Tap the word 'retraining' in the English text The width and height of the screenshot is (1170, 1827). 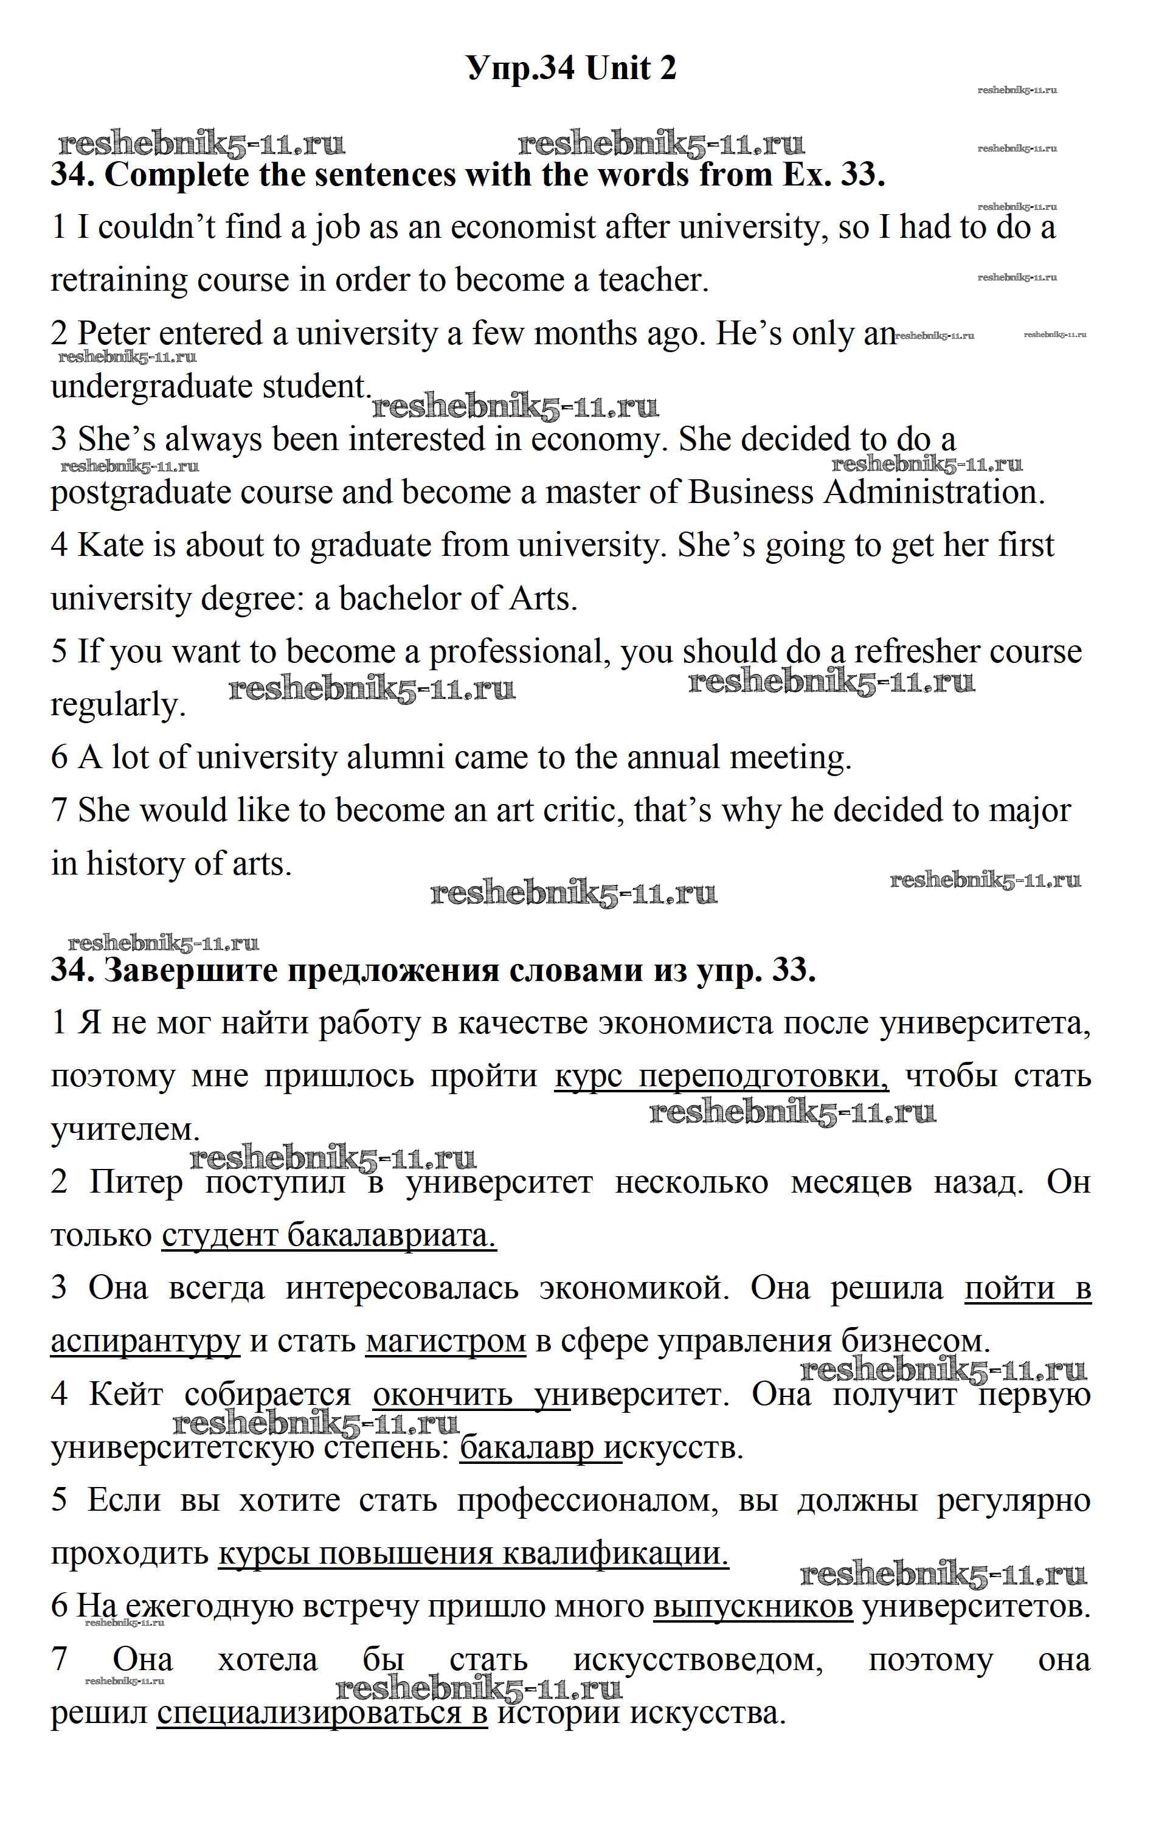(x=120, y=280)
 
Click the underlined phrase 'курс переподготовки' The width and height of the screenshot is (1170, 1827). (x=721, y=1076)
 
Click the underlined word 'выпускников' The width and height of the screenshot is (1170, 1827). (x=752, y=1607)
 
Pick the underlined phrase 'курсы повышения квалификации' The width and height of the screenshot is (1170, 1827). (x=472, y=1553)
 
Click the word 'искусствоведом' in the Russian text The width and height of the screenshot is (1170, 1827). (x=698, y=1660)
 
